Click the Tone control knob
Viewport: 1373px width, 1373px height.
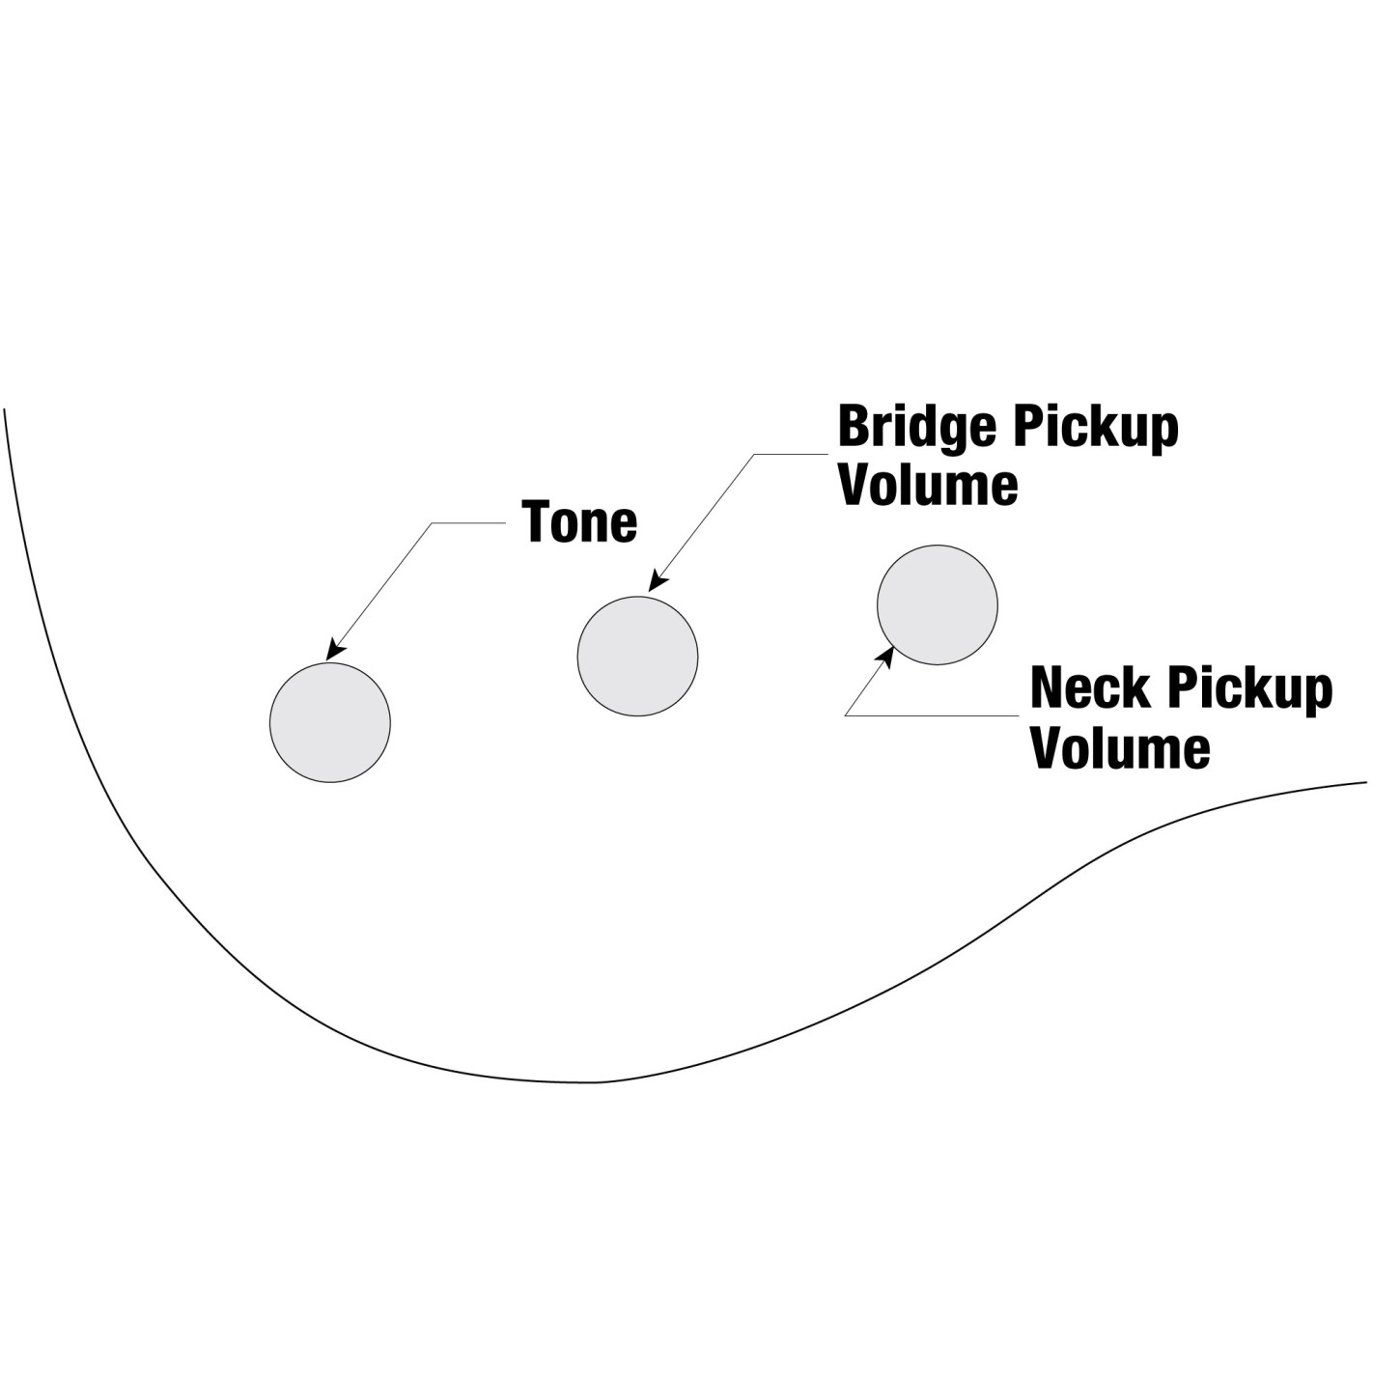point(330,722)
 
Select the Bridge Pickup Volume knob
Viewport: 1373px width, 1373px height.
point(637,657)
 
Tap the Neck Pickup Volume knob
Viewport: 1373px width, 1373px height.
point(937,604)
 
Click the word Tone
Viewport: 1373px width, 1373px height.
point(579,521)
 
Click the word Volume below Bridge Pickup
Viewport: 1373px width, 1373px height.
point(928,485)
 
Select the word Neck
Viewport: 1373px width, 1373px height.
point(1089,687)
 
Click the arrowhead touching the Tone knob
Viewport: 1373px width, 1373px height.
point(335,650)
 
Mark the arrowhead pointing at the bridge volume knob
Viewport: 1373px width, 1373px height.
point(657,581)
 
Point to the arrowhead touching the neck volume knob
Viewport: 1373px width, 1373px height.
point(885,656)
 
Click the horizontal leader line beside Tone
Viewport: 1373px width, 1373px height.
point(468,523)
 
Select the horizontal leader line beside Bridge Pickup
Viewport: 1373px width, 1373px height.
point(792,454)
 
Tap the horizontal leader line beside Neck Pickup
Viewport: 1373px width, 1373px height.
point(932,715)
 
